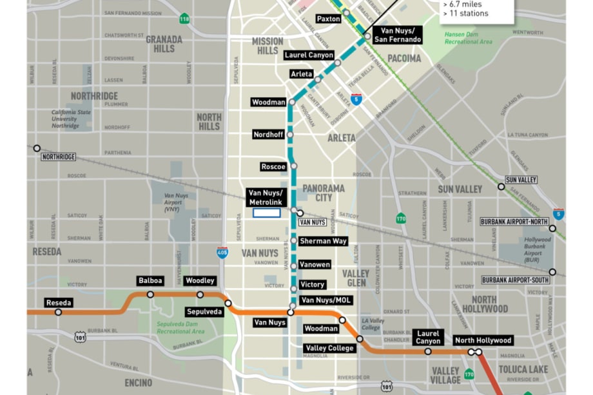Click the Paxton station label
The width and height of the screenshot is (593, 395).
pyautogui.click(x=329, y=19)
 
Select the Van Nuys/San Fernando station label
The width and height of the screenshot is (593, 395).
pyautogui.click(x=400, y=35)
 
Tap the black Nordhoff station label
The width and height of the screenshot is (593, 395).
pyautogui.click(x=269, y=134)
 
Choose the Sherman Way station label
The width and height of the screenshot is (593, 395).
pyautogui.click(x=323, y=241)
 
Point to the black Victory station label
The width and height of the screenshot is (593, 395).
pyautogui.click(x=313, y=285)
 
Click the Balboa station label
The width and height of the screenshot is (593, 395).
pyautogui.click(x=150, y=281)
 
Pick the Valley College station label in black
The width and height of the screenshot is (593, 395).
pyautogui.click(x=329, y=348)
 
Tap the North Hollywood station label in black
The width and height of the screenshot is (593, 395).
pyautogui.click(x=483, y=340)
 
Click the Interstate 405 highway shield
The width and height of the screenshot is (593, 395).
pyautogui.click(x=222, y=253)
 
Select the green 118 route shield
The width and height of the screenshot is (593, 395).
pyautogui.click(x=184, y=19)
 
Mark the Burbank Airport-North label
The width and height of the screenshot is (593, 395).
pyautogui.click(x=514, y=222)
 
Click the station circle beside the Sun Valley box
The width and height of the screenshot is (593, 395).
pyautogui.click(x=501, y=187)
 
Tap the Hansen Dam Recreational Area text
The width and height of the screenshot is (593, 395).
pyautogui.click(x=469, y=38)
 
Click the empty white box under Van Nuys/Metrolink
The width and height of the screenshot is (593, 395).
pyautogui.click(x=266, y=213)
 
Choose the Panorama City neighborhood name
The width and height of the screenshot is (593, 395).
pyautogui.click(x=324, y=193)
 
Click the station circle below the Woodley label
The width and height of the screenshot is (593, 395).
pyautogui.click(x=200, y=294)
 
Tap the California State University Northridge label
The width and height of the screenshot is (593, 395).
pyautogui.click(x=72, y=119)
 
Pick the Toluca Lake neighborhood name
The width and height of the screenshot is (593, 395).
pyautogui.click(x=523, y=369)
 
